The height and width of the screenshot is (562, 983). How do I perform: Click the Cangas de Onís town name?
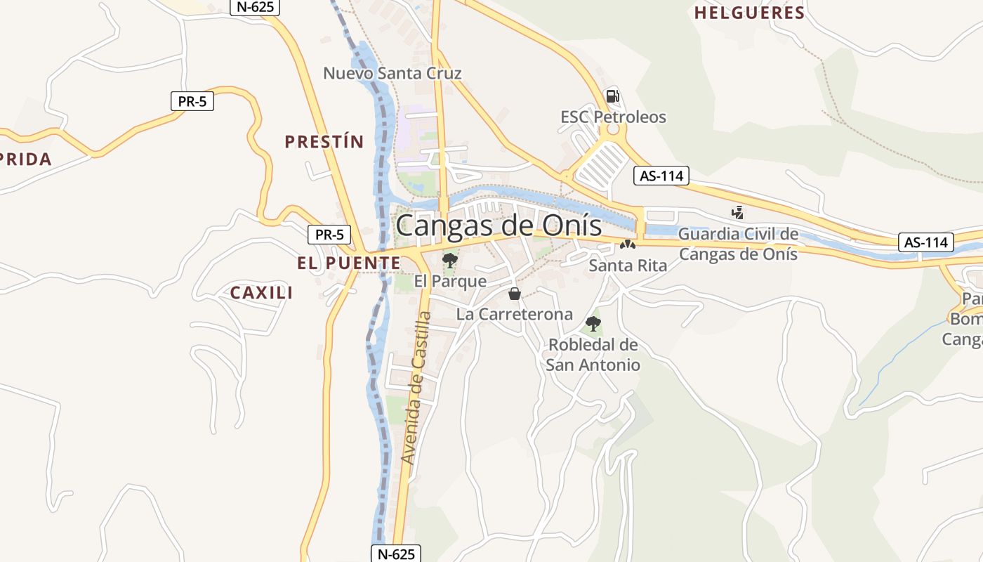click(499, 226)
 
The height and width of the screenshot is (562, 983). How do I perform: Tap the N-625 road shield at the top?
click(255, 7)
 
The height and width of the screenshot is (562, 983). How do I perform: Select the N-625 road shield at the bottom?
click(396, 554)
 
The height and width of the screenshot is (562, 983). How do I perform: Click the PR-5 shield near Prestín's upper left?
click(192, 101)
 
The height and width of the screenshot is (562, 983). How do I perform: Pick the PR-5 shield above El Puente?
click(329, 235)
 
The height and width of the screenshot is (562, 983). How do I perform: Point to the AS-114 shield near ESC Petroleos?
click(661, 176)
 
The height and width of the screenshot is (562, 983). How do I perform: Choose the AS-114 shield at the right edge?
click(926, 243)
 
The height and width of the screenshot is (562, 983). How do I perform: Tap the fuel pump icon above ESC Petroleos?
click(612, 96)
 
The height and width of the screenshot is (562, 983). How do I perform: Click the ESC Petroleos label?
click(613, 117)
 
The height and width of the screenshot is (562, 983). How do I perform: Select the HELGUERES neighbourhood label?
click(749, 13)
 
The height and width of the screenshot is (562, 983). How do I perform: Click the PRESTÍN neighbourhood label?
click(324, 142)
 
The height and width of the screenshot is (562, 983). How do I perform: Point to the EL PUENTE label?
click(348, 263)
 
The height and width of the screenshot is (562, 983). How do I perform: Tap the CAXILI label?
click(261, 293)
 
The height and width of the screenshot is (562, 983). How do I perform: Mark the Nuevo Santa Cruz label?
click(392, 73)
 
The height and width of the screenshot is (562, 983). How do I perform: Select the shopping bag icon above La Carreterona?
click(515, 294)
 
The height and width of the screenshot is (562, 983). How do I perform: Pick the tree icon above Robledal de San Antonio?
click(593, 324)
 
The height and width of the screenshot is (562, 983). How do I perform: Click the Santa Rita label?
click(628, 266)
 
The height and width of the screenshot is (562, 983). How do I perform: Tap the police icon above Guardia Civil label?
click(737, 212)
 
